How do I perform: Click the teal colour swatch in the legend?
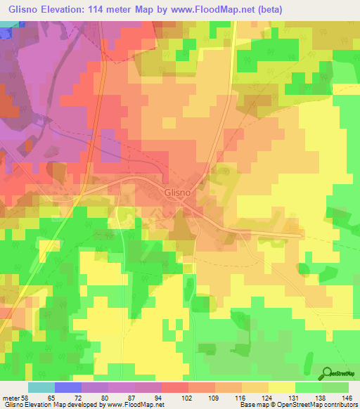(x=41, y=387)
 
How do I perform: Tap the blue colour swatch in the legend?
(x=68, y=387)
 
